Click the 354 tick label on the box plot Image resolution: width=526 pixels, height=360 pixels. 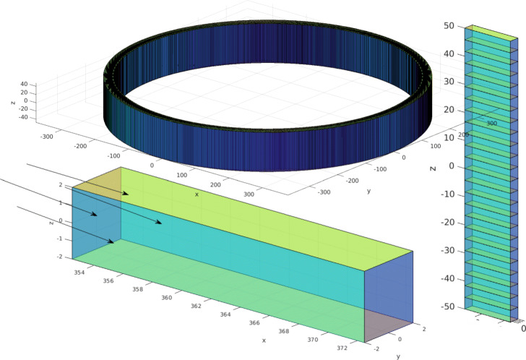(x=79, y=273)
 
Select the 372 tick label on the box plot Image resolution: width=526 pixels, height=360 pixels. (x=342, y=348)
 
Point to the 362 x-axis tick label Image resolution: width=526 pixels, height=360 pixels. (x=197, y=306)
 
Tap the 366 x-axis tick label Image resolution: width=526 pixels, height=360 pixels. (x=254, y=322)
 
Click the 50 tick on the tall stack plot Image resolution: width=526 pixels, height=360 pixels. (x=449, y=26)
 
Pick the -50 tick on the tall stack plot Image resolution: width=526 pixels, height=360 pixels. (x=447, y=307)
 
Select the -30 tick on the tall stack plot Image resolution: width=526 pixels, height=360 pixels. (x=447, y=250)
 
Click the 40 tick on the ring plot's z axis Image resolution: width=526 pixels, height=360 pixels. (x=24, y=84)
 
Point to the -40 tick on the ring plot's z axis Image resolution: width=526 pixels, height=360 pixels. (x=23, y=117)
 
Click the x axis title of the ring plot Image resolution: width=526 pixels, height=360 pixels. (x=197, y=194)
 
